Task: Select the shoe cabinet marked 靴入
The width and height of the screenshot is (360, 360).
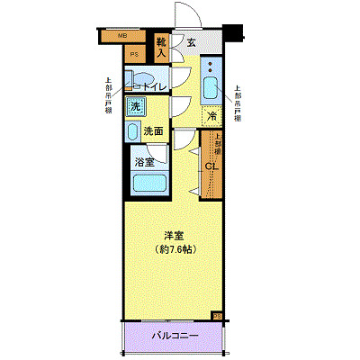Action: [162, 46]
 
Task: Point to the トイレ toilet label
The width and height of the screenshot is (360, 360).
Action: [147, 85]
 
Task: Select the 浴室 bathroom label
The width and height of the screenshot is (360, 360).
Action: [144, 163]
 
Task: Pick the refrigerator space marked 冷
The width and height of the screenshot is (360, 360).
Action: [211, 115]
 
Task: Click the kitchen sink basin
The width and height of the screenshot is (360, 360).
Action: [211, 89]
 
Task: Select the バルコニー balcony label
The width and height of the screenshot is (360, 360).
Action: [173, 336]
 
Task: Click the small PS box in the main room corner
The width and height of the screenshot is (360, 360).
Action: [217, 315]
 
